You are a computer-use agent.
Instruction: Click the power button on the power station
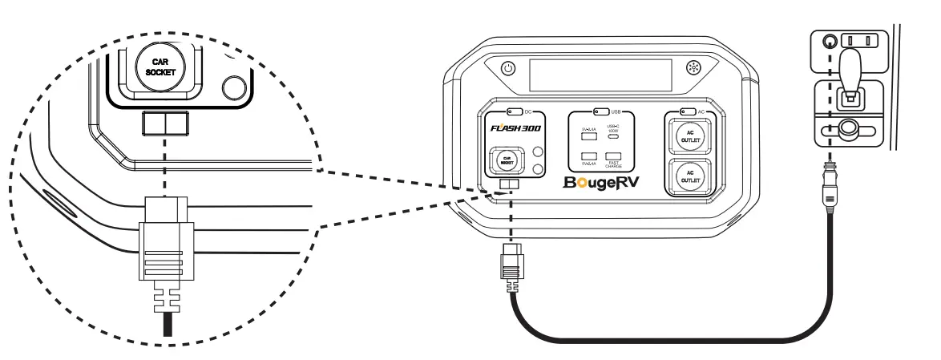(507, 70)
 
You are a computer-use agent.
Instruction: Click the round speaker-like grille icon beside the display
(694, 70)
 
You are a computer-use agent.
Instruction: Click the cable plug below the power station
(511, 268)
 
